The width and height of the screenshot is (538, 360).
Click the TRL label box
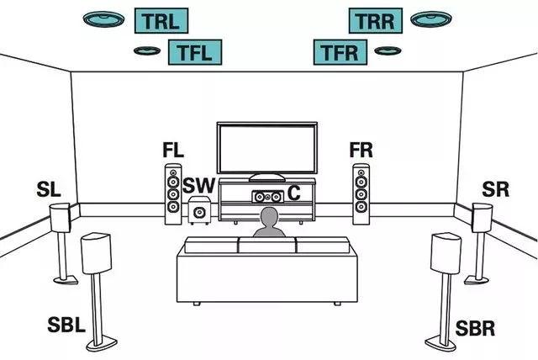(161, 20)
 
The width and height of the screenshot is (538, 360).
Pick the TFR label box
(341, 52)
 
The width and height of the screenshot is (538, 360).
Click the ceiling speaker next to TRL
(106, 19)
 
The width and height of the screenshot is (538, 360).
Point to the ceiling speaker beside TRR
(428, 19)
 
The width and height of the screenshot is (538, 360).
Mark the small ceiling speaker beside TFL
(147, 50)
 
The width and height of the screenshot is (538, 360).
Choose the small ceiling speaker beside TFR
(388, 50)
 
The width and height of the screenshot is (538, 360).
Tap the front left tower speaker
(172, 193)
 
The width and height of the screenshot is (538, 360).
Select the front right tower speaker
(361, 193)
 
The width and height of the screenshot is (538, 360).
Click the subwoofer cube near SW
(199, 211)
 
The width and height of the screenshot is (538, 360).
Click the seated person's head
(268, 220)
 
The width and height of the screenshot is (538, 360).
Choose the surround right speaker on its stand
(480, 219)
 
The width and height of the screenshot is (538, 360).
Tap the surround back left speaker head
(97, 253)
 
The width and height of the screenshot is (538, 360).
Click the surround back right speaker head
(446, 252)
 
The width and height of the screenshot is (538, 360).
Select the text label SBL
(66, 326)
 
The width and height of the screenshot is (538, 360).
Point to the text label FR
(361, 151)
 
